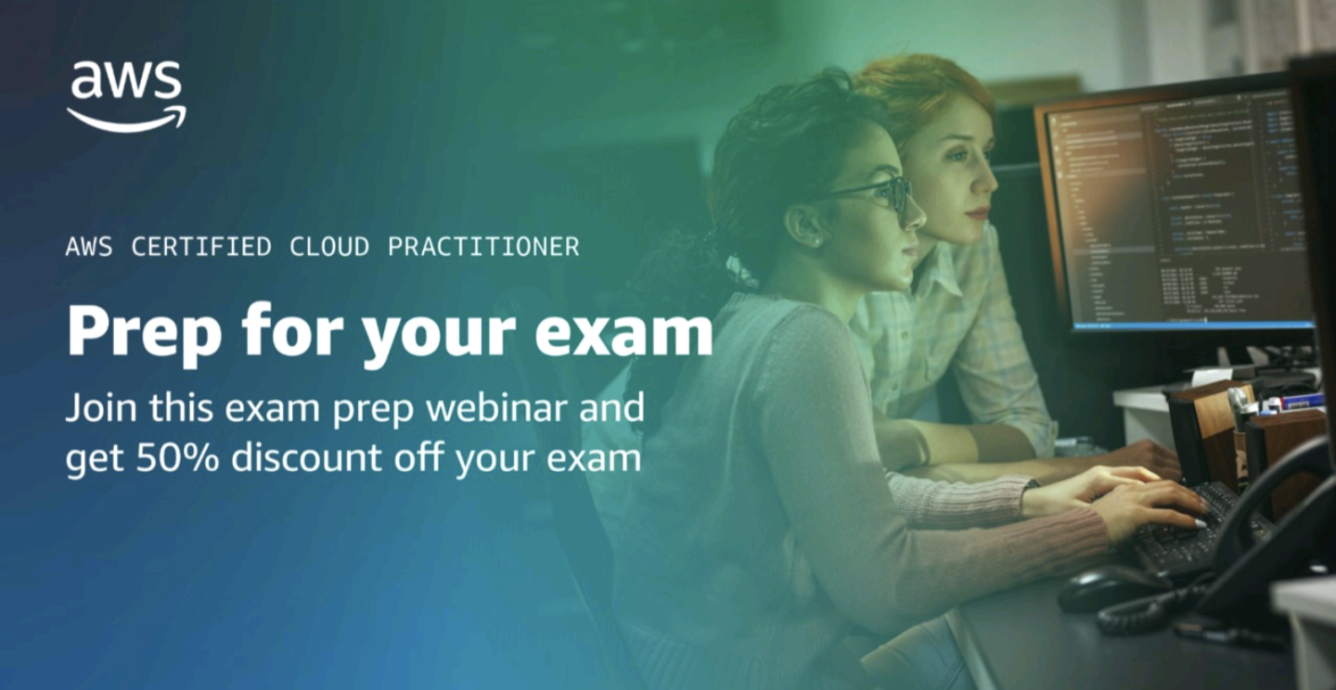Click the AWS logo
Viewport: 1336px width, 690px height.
pyautogui.click(x=126, y=96)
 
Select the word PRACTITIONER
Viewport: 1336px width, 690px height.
pyautogui.click(x=483, y=247)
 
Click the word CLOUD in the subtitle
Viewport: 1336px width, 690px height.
pyautogui.click(x=328, y=247)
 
